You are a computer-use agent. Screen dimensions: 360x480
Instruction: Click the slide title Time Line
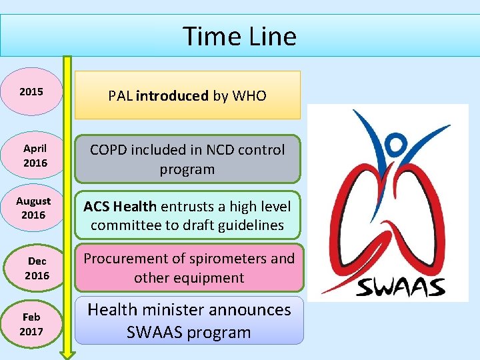tap(239, 36)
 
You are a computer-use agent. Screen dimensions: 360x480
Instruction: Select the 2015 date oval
tap(32, 91)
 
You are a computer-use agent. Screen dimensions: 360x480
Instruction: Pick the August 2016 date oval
tap(33, 208)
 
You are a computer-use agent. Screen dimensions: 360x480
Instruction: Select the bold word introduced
tap(172, 96)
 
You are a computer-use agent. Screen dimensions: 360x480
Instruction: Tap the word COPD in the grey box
tap(109, 150)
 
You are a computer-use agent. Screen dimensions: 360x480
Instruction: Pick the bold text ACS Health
tap(120, 207)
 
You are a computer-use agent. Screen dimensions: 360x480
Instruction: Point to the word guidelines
tap(250, 225)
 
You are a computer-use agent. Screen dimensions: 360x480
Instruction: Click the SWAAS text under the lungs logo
tap(400, 287)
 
